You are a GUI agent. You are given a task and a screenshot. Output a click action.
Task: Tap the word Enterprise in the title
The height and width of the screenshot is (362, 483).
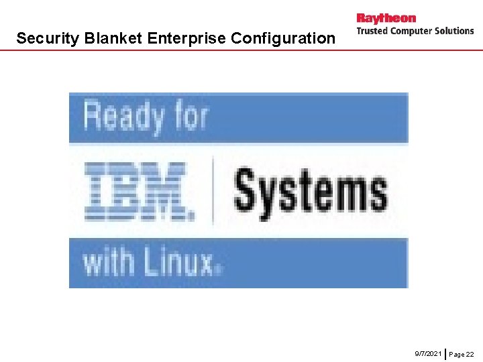[187, 38]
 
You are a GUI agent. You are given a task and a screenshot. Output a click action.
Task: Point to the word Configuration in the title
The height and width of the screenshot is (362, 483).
[282, 38]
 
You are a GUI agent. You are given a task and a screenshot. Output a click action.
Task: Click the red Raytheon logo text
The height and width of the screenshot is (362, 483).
[386, 18]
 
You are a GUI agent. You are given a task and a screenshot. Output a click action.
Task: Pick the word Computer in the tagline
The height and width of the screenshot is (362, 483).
[413, 31]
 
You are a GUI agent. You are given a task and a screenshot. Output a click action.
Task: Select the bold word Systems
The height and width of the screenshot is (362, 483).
[310, 190]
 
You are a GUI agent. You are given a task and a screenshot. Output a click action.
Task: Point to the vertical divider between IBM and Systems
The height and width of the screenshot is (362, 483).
[213, 190]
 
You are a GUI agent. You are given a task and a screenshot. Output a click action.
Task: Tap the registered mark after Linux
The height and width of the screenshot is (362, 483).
[218, 269]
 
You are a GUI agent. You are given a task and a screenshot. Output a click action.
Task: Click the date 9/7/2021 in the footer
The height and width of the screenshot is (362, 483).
[428, 353]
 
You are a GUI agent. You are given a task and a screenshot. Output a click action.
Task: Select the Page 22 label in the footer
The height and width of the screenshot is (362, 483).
[461, 353]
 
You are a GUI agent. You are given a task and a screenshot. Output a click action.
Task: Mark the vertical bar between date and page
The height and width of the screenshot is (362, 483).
[445, 353]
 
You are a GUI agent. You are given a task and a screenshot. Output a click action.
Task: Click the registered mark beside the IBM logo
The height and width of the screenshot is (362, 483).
[192, 217]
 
